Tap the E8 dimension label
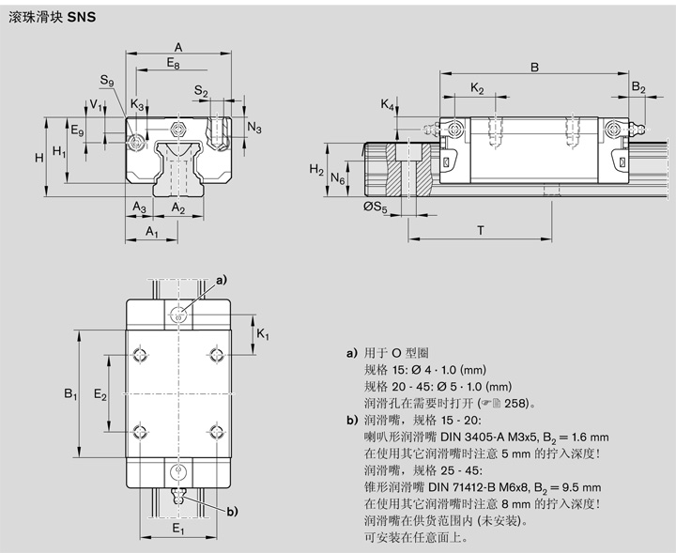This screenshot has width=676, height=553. pyautogui.click(x=173, y=63)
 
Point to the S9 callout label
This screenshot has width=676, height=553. pyautogui.click(x=107, y=83)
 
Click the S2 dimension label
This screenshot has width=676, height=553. pyautogui.click(x=201, y=91)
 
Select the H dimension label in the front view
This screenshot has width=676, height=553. pyautogui.click(x=39, y=158)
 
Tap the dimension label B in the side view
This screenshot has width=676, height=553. pyautogui.click(x=533, y=67)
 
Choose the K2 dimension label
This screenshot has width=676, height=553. pyautogui.click(x=477, y=89)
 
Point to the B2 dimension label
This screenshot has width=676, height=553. pyautogui.click(x=638, y=88)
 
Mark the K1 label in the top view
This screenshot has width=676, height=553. pyautogui.click(x=263, y=335)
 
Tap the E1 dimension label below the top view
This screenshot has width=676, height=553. pyautogui.click(x=178, y=530)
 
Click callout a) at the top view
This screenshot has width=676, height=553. pyautogui.click(x=222, y=280)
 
